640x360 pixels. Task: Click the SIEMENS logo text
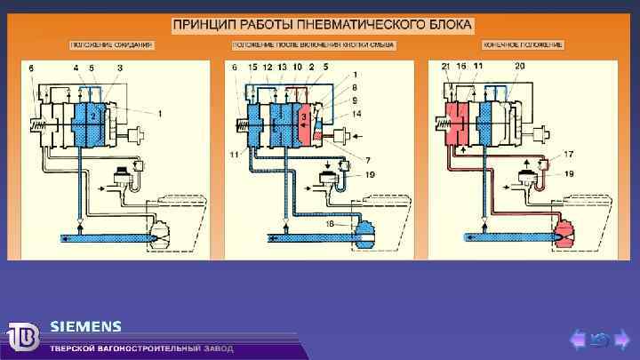point(85,325)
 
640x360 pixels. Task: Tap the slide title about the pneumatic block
point(322,24)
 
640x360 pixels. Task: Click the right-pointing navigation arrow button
point(621,338)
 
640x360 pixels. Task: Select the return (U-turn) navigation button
point(600,338)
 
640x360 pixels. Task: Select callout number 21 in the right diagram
point(445,68)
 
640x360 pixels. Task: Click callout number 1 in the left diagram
point(160,113)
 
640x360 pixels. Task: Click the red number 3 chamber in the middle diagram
point(306,118)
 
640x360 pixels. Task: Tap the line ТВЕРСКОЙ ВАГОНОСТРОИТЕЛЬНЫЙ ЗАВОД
point(142,348)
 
